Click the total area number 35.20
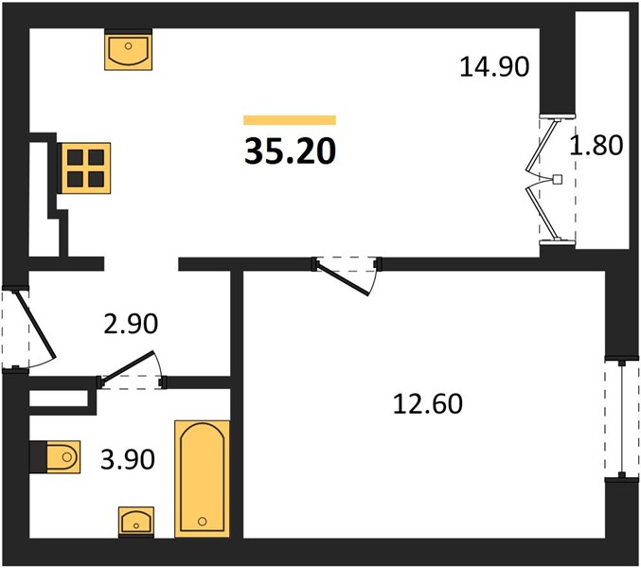coord(290,151)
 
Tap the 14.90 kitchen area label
coord(494,67)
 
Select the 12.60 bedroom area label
coord(428,403)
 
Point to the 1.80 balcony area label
coord(596,145)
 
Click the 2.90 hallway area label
coord(131,324)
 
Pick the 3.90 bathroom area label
coord(128,459)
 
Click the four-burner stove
coord(86,168)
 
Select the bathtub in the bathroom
coord(202,478)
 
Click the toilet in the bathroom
coord(62,457)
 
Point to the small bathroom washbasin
coord(136,522)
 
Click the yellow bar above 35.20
coord(290,120)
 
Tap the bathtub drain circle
coord(202,522)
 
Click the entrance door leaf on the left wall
coord(35,325)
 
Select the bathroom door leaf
coord(128,368)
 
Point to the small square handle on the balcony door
coord(557,179)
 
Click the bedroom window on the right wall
coord(622,419)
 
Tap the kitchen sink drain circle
coord(129,45)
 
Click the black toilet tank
coord(39,457)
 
